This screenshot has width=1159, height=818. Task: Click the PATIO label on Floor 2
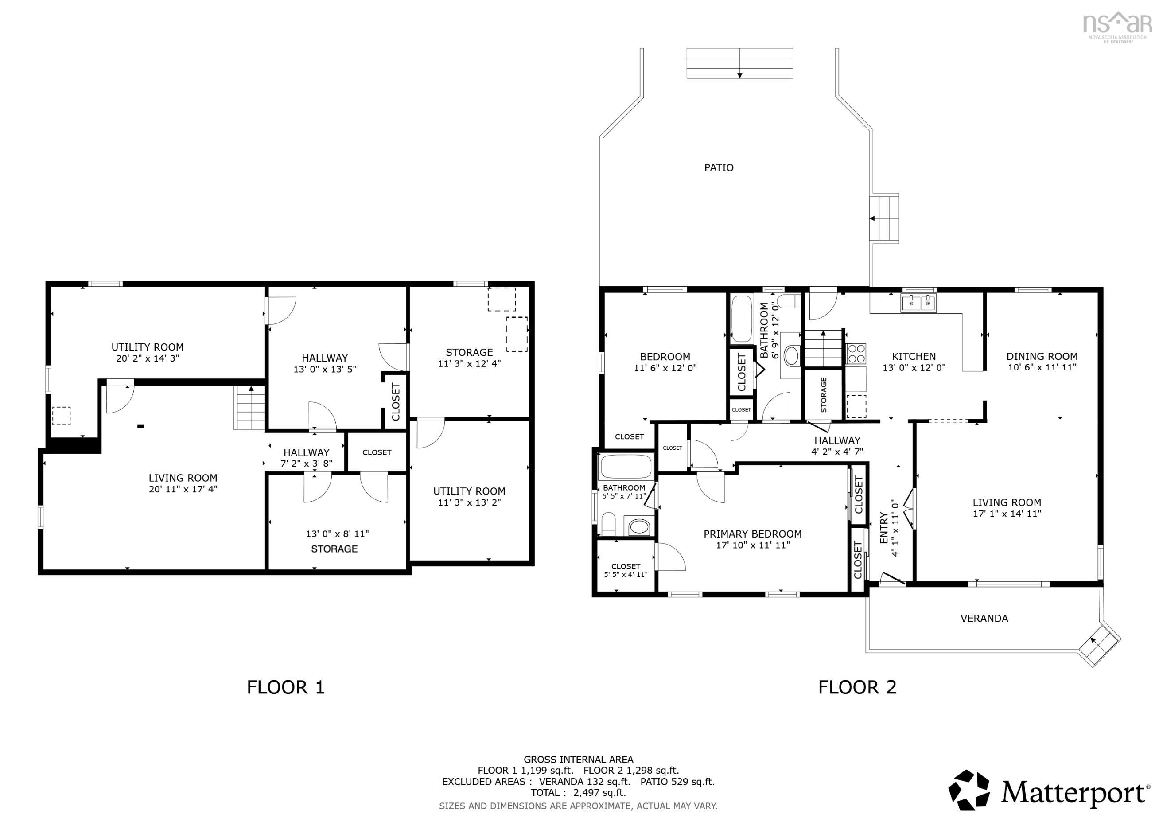click(718, 167)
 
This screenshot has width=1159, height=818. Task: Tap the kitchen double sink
click(918, 304)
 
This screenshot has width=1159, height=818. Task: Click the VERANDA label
click(984, 619)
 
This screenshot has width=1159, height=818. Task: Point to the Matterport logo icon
click(969, 790)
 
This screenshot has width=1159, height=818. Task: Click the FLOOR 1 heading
click(285, 687)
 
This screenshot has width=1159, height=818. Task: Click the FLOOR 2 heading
click(857, 687)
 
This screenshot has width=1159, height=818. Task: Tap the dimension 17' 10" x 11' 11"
click(753, 545)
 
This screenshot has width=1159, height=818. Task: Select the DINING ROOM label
click(1042, 356)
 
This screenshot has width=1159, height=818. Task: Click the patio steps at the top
click(739, 63)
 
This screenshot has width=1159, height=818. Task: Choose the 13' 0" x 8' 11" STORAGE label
click(334, 549)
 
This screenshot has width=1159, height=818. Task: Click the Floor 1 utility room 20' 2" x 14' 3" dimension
click(148, 358)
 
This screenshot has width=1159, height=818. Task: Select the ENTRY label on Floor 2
click(884, 528)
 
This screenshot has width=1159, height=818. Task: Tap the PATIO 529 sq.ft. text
click(677, 782)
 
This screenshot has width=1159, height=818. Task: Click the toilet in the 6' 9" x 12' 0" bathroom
click(789, 302)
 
